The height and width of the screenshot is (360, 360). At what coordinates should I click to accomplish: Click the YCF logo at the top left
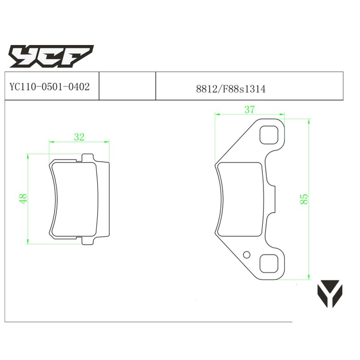(51, 56)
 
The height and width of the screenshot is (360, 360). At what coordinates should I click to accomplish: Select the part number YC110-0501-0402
(49, 87)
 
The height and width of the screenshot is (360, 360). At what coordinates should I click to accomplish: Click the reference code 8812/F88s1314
(231, 89)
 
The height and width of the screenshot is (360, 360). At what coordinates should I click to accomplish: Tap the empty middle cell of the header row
(127, 86)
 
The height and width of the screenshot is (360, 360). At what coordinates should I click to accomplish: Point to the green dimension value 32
(79, 137)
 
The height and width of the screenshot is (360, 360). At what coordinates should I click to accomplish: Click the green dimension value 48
(23, 198)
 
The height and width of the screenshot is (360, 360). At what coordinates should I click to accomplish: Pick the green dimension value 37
(250, 110)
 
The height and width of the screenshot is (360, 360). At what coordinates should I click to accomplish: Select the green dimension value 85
(304, 199)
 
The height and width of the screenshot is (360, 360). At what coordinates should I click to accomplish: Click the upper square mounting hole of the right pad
(269, 135)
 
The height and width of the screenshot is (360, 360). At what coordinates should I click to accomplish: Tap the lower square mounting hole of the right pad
(269, 264)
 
